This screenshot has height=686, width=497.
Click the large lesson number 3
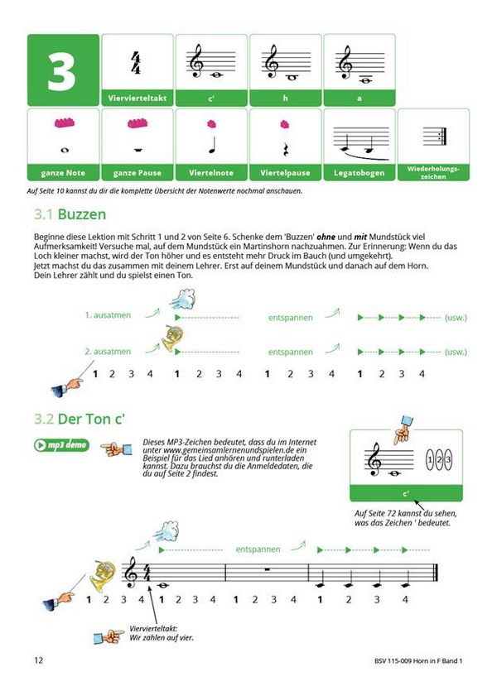[x=62, y=72]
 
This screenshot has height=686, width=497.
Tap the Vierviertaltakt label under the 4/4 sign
[x=138, y=98]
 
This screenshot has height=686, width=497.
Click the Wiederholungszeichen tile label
[x=433, y=171]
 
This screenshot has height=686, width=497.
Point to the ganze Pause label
[x=138, y=173]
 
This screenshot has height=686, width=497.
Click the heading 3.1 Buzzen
[x=70, y=213]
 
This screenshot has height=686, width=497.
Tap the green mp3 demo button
[x=62, y=445]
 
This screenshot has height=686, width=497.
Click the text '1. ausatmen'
[x=108, y=316]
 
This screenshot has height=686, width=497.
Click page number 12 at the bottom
[x=38, y=660]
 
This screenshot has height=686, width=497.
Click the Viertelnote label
[x=211, y=173]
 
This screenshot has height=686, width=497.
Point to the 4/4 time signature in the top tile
[x=138, y=62]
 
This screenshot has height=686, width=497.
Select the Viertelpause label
[x=285, y=173]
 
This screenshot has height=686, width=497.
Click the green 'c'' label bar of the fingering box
[x=406, y=494]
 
